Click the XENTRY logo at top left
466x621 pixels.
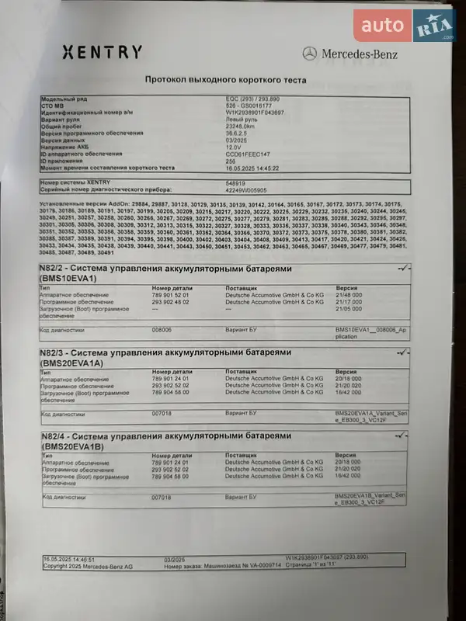point(102,53)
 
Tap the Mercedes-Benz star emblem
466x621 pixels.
point(309,54)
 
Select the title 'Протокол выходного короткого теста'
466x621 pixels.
point(226,79)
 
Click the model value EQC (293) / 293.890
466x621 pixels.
point(248,100)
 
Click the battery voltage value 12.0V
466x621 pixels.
point(234,146)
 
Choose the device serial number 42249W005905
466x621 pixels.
point(245,189)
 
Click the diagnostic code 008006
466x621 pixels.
point(162,329)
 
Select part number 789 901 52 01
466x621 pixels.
point(170,295)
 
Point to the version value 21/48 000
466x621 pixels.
point(349,295)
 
